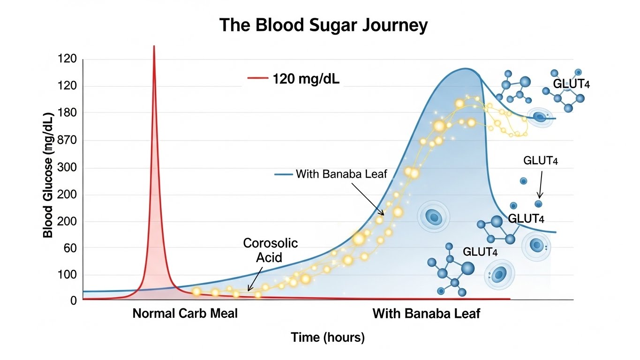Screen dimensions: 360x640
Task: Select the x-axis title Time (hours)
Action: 328,337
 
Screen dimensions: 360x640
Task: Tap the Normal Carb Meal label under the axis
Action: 185,313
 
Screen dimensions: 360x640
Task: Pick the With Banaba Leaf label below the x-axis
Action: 426,313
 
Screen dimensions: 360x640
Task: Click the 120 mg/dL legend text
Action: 306,79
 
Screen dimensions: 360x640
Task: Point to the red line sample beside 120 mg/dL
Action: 256,79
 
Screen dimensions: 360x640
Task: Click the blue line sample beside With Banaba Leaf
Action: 283,175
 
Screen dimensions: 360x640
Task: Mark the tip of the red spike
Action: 154,46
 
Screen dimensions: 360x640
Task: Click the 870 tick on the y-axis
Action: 66,141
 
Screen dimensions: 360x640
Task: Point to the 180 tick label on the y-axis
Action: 66,113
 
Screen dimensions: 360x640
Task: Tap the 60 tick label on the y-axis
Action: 69,248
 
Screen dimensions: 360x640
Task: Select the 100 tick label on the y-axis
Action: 66,275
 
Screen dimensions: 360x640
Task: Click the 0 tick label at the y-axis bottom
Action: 73,300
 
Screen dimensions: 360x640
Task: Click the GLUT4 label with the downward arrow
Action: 540,161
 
